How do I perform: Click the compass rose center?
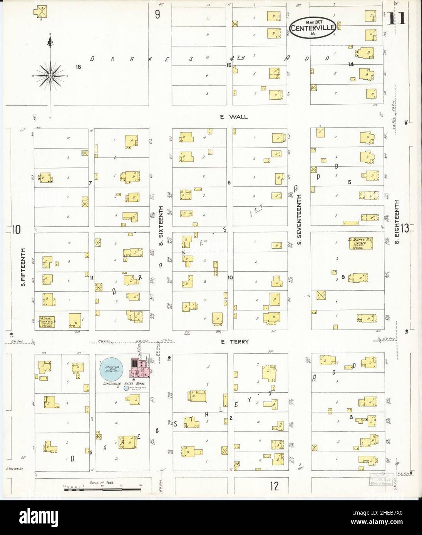(x=50, y=76)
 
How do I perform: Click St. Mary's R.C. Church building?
(x=361, y=243)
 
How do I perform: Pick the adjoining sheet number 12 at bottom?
(x=274, y=486)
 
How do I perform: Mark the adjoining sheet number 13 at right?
(x=405, y=229)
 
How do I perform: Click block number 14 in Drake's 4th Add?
(x=351, y=64)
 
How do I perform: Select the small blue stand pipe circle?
(x=126, y=388)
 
